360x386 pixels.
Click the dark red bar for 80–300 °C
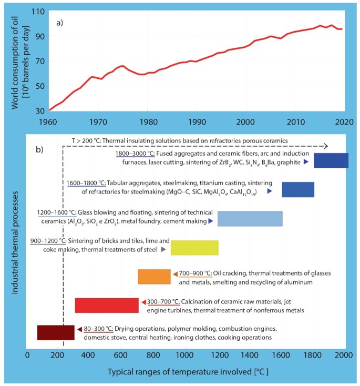coord(55,332)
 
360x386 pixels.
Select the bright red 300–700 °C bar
coord(107,305)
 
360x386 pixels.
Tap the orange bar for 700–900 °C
coord(154,277)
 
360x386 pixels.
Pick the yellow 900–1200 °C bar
coord(194,247)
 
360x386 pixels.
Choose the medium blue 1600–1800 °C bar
coord(298,189)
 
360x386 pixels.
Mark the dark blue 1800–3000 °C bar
coord(331,160)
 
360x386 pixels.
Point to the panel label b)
coord(39,149)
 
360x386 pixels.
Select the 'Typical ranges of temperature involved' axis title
coord(188,372)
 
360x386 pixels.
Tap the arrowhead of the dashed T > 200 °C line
coord(326,146)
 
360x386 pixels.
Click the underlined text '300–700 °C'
coord(163,301)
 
